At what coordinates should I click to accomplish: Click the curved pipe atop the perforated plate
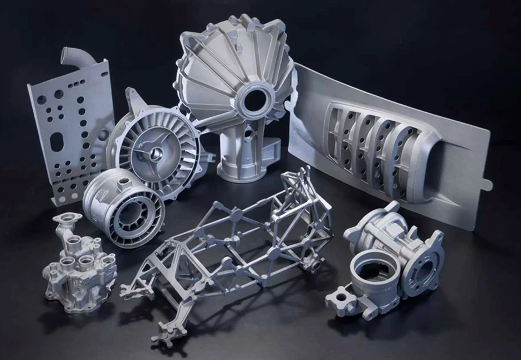74,62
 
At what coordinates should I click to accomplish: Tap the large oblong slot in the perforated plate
57,142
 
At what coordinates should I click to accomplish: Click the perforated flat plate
67,127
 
